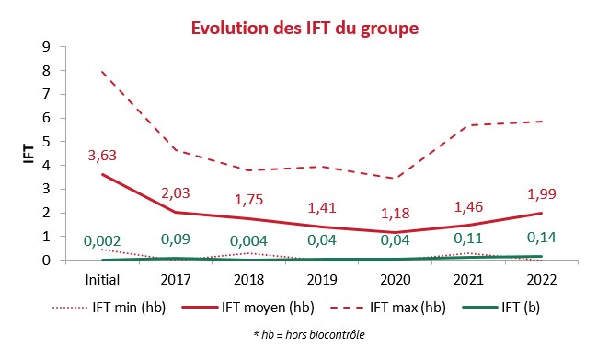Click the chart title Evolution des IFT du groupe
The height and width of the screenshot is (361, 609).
[x=304, y=29]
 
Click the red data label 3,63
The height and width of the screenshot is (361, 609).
[x=103, y=155]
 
